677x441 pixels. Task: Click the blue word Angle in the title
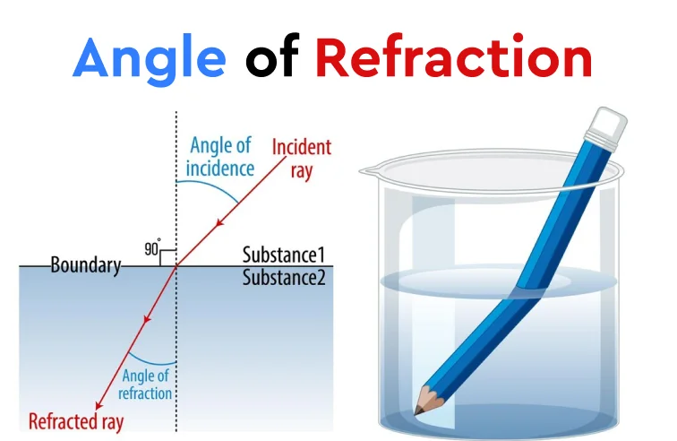(149, 59)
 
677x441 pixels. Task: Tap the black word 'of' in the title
(272, 55)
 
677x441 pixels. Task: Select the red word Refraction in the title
(454, 56)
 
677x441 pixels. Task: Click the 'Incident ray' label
(302, 159)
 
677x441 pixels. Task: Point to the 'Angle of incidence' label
(220, 157)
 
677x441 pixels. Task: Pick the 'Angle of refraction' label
(145, 385)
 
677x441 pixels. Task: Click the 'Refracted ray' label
(76, 421)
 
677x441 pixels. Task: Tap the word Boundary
(86, 265)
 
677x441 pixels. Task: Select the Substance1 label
(283, 255)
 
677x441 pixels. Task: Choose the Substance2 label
(284, 278)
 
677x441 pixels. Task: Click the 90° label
(152, 247)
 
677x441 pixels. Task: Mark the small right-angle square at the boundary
(168, 257)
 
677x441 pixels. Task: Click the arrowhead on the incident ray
(220, 222)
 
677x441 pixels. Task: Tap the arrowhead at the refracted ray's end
(99, 405)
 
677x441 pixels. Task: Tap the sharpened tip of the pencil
(416, 414)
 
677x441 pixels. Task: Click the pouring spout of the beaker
(366, 171)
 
